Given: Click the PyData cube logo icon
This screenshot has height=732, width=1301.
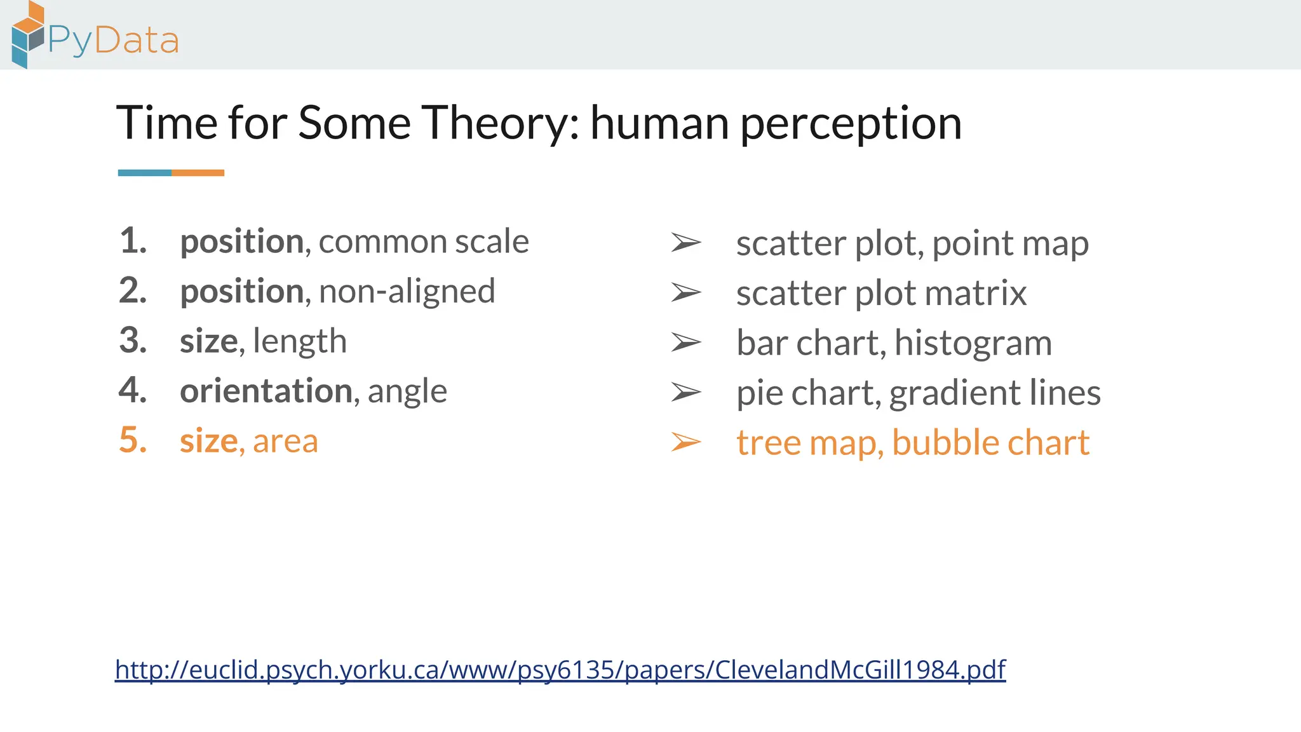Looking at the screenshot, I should click(x=28, y=35).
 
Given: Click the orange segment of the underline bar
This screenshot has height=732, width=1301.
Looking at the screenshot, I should click(x=198, y=173).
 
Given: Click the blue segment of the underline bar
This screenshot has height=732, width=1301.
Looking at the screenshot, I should click(x=145, y=173).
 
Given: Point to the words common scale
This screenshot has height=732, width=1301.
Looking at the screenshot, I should click(x=423, y=242).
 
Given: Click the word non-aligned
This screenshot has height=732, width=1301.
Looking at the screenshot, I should click(x=407, y=292).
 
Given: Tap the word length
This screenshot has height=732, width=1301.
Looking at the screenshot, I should click(x=299, y=341).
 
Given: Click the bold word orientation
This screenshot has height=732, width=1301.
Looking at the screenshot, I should click(x=266, y=391).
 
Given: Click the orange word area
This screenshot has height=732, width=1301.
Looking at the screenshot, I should click(x=285, y=442).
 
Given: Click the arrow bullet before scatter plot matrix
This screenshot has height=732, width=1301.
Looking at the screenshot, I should click(x=685, y=293).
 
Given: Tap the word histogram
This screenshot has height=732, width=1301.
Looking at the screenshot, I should click(x=973, y=344).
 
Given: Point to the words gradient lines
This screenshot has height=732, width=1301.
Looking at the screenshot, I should click(x=994, y=393).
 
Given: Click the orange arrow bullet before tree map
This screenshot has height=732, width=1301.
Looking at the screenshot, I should click(x=685, y=442).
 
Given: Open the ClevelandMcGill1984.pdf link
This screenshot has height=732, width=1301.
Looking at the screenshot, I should click(x=560, y=670).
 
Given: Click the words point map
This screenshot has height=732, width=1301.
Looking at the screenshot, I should click(x=1010, y=244).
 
